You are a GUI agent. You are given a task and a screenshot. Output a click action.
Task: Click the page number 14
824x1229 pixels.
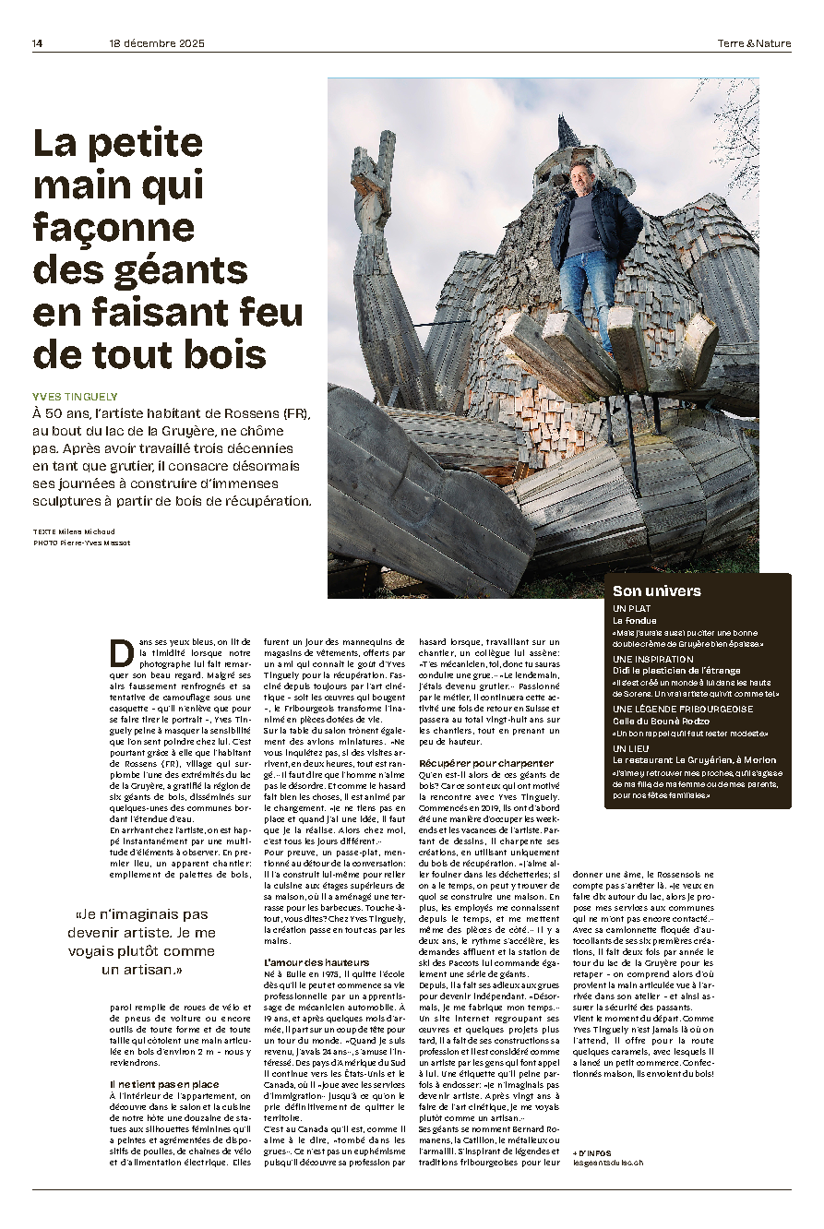coord(38,43)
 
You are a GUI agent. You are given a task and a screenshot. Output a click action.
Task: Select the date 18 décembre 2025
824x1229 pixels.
coord(156,43)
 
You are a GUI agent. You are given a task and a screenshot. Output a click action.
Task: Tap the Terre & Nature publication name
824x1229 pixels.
coord(754,43)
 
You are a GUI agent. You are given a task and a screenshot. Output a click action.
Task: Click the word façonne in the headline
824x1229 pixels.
coord(113,226)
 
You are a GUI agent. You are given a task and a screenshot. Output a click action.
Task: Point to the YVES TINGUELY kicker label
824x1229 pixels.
coord(75,396)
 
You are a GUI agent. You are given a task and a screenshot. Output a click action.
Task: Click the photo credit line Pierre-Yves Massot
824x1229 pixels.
coord(93,543)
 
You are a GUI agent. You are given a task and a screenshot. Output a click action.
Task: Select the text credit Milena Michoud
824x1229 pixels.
coord(93,531)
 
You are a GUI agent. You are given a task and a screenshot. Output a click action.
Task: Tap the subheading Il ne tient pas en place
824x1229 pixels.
coord(164,1084)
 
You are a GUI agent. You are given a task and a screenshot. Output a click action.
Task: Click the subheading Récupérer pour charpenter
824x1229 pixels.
coord(486,763)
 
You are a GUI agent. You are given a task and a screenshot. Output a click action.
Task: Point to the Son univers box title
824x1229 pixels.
coord(657,591)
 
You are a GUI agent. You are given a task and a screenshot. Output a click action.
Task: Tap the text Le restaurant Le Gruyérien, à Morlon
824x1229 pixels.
coord(695,759)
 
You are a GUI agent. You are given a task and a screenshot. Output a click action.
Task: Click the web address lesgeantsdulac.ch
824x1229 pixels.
coord(608,1163)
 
